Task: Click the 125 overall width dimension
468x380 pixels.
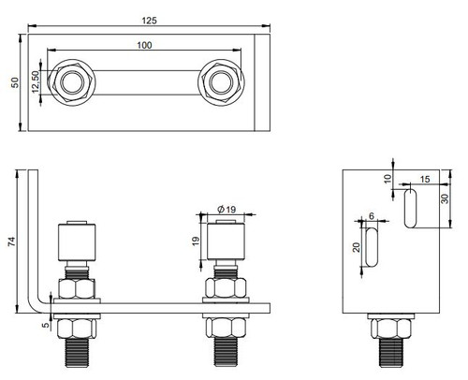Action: (x=146, y=17)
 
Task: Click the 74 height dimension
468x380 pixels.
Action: (x=11, y=241)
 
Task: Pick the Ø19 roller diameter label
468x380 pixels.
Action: (x=225, y=208)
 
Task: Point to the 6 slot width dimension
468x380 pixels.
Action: (x=372, y=216)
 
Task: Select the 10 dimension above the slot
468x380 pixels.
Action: (x=388, y=178)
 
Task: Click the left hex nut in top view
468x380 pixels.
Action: (x=71, y=81)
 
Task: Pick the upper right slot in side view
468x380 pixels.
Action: (x=410, y=208)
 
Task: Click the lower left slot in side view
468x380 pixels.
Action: (x=372, y=248)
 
